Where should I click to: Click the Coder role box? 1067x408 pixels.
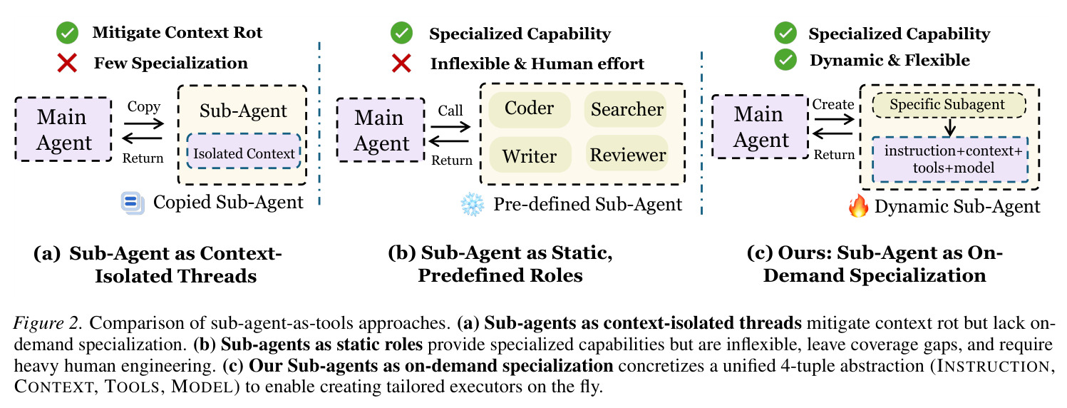point(529,109)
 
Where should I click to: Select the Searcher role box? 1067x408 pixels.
point(626,109)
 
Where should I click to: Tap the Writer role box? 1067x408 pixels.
point(530,155)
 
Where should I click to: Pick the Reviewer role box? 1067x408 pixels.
point(627,154)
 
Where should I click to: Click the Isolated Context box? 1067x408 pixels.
point(244,151)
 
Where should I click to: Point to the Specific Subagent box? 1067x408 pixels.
point(949,105)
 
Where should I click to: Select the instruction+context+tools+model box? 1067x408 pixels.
point(950,160)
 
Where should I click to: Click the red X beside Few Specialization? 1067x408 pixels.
point(67,63)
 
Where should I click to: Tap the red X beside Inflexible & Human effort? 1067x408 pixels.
point(401,63)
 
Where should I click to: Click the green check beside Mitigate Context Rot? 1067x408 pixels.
point(67,32)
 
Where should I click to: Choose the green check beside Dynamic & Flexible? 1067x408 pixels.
point(785,60)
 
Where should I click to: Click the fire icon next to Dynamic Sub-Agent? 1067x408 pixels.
point(858,206)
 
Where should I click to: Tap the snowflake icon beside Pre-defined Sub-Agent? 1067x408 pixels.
point(472,205)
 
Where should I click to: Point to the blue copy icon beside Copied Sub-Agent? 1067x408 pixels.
point(133,203)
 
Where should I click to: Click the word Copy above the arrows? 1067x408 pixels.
point(144,107)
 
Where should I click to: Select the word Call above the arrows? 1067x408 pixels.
point(450,111)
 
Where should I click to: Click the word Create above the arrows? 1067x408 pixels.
point(833,104)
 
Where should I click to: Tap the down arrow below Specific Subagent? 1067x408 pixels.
point(950,127)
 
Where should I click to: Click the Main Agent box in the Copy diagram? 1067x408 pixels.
point(63,129)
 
